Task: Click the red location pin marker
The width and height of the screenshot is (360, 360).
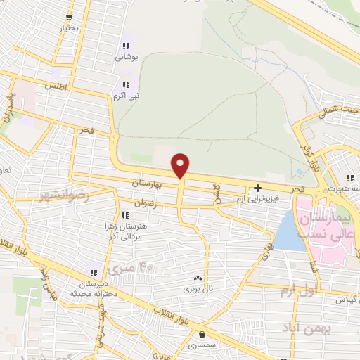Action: (181, 166)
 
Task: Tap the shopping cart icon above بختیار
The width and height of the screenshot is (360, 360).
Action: (68, 18)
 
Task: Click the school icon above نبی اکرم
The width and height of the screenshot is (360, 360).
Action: (126, 84)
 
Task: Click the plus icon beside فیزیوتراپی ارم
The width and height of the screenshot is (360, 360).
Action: (258, 188)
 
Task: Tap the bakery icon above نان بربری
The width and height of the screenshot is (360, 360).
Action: (198, 278)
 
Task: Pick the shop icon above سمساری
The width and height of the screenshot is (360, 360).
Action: (202, 335)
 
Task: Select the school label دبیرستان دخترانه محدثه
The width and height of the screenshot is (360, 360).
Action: (94, 288)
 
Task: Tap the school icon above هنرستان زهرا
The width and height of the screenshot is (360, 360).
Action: (124, 215)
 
